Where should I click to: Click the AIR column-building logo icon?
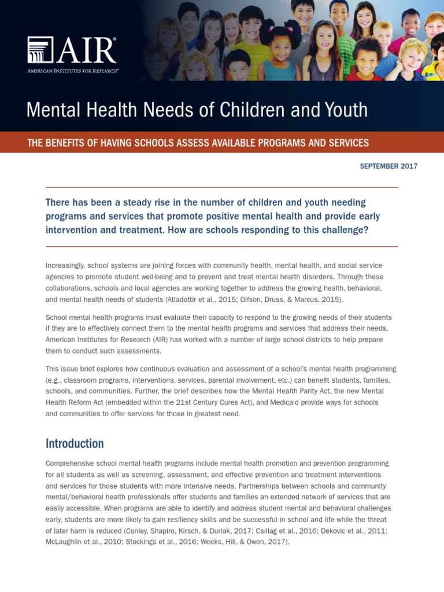[x=40, y=50]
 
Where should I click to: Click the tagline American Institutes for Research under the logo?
[x=73, y=71]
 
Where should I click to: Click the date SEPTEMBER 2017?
[x=388, y=166]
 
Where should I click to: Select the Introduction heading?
[x=75, y=443]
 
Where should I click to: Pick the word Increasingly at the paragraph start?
[x=65, y=265]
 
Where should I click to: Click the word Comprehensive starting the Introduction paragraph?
[x=71, y=464]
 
